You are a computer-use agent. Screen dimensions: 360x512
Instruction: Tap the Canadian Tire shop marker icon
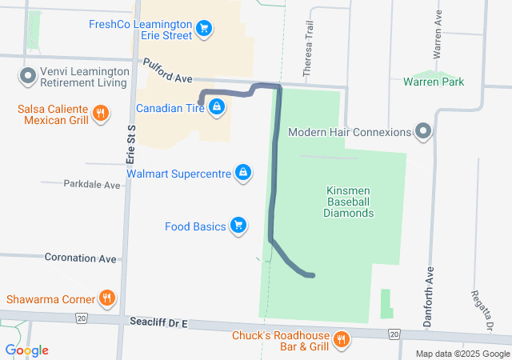pyautogui.click(x=217, y=107)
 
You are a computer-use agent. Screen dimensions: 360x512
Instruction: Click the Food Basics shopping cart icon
pyautogui.click(x=238, y=226)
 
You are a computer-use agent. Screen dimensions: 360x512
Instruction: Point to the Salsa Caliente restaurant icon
pyautogui.click(x=101, y=114)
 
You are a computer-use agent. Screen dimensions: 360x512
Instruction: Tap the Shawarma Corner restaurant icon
pyautogui.click(x=107, y=300)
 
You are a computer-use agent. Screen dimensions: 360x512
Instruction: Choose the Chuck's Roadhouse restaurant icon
pyautogui.click(x=342, y=340)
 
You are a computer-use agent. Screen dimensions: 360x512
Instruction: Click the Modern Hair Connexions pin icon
pyautogui.click(x=422, y=132)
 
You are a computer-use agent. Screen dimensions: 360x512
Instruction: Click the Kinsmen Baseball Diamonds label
pyautogui.click(x=350, y=202)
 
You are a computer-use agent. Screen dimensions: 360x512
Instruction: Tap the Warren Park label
pyautogui.click(x=434, y=82)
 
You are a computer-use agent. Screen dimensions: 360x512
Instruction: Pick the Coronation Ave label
pyautogui.click(x=81, y=258)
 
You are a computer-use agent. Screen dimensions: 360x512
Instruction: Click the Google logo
pyautogui.click(x=27, y=350)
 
